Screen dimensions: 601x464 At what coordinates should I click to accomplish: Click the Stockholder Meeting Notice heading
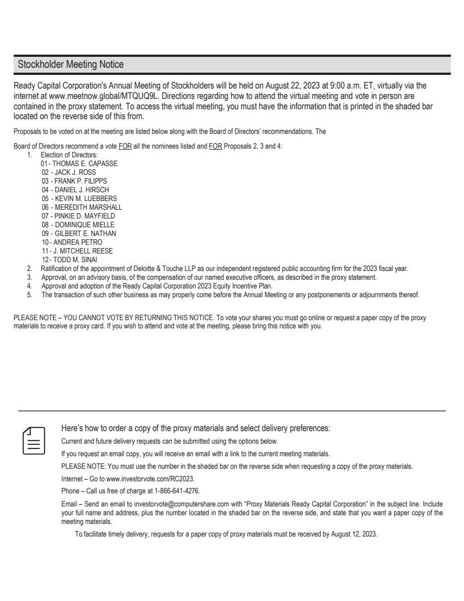(x=71, y=64)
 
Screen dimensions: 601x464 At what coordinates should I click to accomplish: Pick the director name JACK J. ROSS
(x=75, y=172)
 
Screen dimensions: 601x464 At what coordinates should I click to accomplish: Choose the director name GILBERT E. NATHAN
(x=85, y=234)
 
